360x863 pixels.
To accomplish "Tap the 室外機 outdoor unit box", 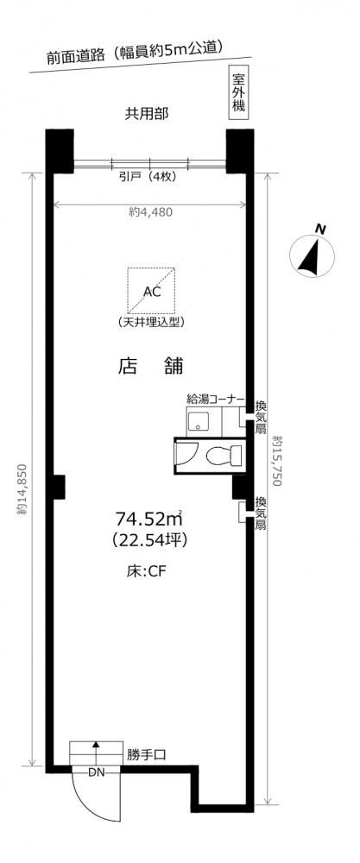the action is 237,92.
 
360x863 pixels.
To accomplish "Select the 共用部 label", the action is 146,115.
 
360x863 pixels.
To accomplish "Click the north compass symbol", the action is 313,252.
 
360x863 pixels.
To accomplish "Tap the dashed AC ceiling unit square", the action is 151,290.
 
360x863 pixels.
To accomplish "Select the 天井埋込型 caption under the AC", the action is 151,322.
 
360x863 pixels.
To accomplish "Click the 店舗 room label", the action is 150,366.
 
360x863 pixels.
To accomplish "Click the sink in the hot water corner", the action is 197,423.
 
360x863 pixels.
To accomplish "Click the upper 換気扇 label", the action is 262,418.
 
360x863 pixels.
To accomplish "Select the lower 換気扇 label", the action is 261,513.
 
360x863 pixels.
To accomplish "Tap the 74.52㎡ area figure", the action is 148,519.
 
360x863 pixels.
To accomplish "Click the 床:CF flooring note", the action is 143,570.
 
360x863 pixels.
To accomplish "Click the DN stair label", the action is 96,771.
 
